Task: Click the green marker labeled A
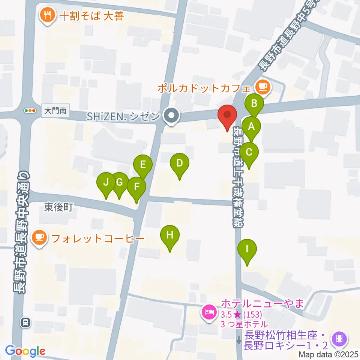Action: (x=251, y=126)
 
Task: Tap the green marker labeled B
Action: (x=254, y=103)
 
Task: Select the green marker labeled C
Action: (x=249, y=152)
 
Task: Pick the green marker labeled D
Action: (x=179, y=163)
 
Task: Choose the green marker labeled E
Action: (x=143, y=164)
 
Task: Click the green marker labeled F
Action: (x=136, y=186)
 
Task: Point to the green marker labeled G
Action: (x=119, y=182)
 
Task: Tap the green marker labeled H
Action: (x=170, y=235)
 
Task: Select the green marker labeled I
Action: (x=247, y=249)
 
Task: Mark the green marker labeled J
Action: (x=106, y=182)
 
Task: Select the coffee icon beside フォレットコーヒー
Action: (x=39, y=238)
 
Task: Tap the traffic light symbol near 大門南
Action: (x=29, y=111)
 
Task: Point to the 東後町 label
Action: (x=58, y=207)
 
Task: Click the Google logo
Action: (x=25, y=351)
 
